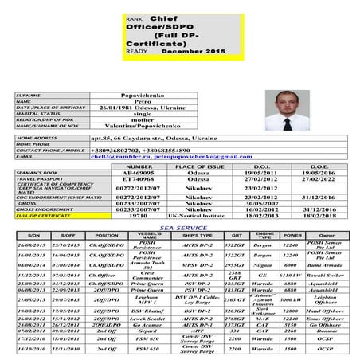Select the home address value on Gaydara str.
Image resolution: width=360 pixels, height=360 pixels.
point(164,138)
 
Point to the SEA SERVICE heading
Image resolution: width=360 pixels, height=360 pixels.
point(179,227)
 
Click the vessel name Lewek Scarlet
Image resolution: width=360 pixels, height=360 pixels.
point(141,340)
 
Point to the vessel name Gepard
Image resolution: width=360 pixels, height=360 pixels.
point(141,353)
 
